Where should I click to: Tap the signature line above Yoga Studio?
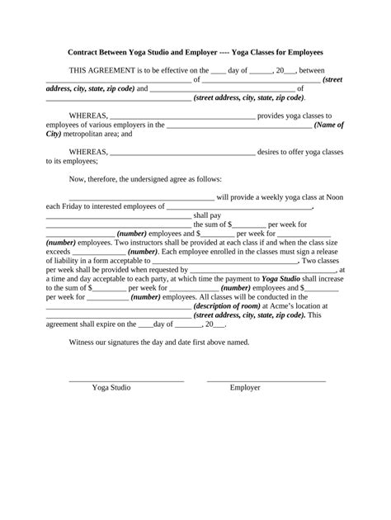tap(125, 380)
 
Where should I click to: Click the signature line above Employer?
tap(266, 380)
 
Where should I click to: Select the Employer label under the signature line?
tap(245, 387)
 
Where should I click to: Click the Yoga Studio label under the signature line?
tap(111, 387)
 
